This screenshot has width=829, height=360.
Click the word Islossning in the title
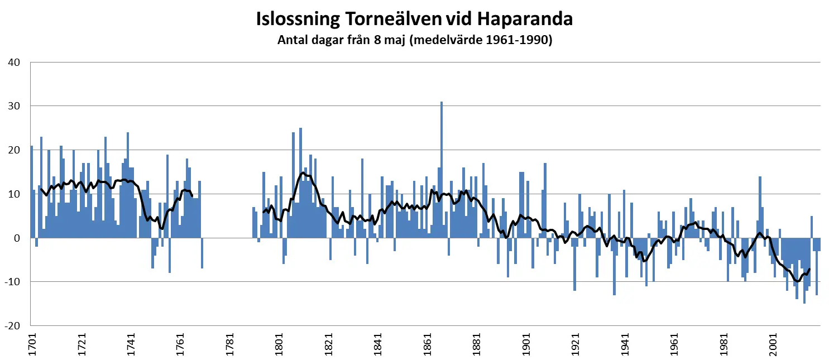tap(298, 18)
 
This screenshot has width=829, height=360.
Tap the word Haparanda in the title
tap(525, 18)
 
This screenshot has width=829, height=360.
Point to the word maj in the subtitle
tap(396, 41)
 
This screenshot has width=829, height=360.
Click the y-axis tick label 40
tap(14, 62)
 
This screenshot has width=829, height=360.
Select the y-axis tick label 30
tap(14, 106)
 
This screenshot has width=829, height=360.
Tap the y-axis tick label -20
tap(12, 325)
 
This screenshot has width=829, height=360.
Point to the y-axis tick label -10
tap(12, 282)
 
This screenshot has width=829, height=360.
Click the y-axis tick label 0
tap(17, 238)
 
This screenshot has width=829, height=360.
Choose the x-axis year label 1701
tap(32, 345)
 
